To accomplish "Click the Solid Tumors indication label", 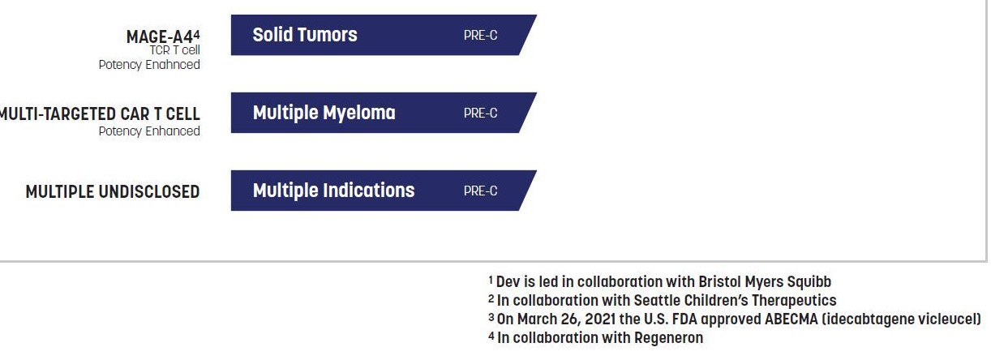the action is [305, 35].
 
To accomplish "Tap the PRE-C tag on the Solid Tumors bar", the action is [480, 36].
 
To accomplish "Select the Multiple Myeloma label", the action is [324, 113].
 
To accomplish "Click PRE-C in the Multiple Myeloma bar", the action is [480, 114].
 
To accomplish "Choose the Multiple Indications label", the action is [333, 191].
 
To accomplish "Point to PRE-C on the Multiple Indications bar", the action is [480, 191].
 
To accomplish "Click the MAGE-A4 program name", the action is [160, 36].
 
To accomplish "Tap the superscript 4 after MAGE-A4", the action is [197, 34].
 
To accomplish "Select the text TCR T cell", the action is [174, 50].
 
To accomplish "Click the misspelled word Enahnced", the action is [173, 65].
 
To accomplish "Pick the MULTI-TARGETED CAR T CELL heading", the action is [100, 114].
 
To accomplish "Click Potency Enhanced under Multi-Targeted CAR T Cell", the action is [149, 131].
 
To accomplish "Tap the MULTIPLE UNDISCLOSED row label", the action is [113, 192].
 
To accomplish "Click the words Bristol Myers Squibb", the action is [765, 281].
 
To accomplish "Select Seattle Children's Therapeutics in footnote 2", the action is [736, 300].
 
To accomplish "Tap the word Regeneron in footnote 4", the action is [668, 338].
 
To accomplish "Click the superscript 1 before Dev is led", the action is [491, 280].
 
